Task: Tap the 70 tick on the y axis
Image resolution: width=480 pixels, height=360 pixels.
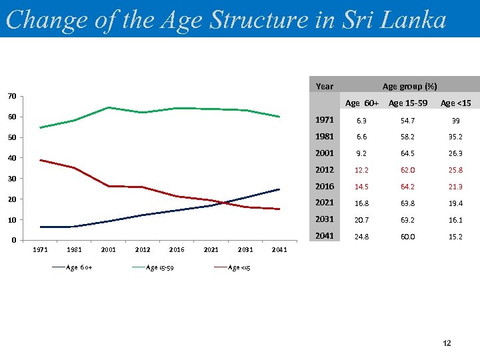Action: pyautogui.click(x=12, y=97)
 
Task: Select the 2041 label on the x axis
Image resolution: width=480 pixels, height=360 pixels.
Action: pyautogui.click(x=279, y=250)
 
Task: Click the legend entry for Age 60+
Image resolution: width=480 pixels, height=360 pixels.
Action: pyautogui.click(x=72, y=268)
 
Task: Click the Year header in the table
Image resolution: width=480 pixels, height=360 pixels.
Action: pyautogui.click(x=325, y=86)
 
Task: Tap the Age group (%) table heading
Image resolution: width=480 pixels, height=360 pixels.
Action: pyautogui.click(x=409, y=86)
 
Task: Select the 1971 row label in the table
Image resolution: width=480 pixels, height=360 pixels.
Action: pyautogui.click(x=325, y=120)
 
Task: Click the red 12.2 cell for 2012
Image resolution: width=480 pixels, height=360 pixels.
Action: pyautogui.click(x=361, y=170)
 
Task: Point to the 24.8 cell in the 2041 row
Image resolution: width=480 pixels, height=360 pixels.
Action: pyautogui.click(x=361, y=237)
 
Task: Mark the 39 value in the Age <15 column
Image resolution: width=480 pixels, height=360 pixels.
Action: pyautogui.click(x=456, y=120)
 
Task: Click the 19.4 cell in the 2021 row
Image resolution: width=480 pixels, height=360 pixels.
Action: pyautogui.click(x=456, y=203)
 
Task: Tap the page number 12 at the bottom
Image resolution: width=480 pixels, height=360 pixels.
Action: pyautogui.click(x=447, y=343)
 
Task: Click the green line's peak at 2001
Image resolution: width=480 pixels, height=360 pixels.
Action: pyautogui.click(x=108, y=107)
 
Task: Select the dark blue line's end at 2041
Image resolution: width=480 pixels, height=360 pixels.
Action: pyautogui.click(x=279, y=189)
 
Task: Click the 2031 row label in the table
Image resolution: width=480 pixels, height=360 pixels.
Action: pyautogui.click(x=325, y=220)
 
